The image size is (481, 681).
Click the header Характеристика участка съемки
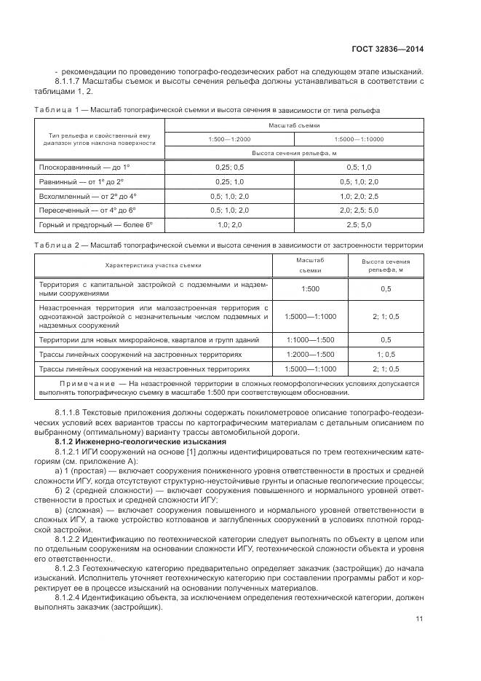coord(154,265)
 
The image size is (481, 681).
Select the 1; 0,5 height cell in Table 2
coord(385,354)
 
